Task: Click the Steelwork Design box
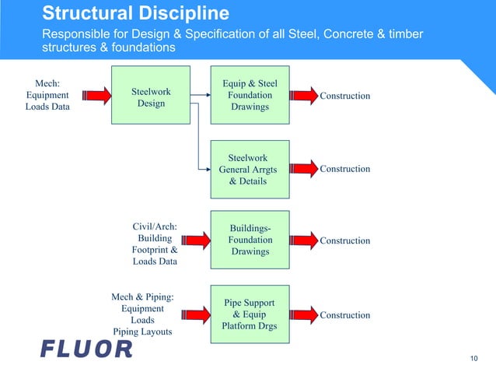pos(151,97)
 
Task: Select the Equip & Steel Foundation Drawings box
pos(250,96)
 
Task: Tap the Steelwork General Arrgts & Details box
pos(250,169)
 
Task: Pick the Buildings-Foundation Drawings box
pos(250,240)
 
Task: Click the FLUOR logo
pos(86,349)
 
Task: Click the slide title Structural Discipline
pos(135,13)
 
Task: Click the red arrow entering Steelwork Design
pos(92,96)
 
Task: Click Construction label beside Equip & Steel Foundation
pos(345,96)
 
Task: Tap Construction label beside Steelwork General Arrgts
pos(345,169)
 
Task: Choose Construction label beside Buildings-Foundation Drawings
pos(345,240)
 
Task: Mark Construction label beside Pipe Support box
pos(345,315)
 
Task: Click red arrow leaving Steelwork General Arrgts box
pos(302,169)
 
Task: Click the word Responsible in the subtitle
pos(79,34)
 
